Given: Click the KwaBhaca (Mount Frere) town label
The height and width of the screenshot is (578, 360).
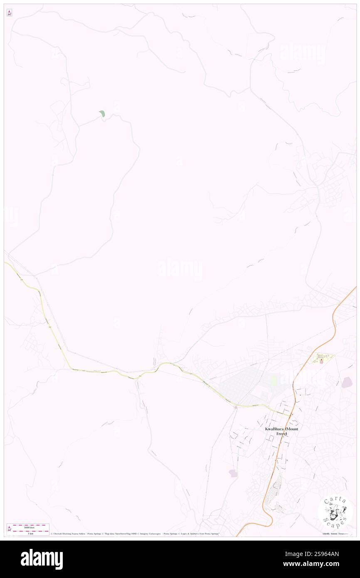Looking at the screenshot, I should pos(281,431).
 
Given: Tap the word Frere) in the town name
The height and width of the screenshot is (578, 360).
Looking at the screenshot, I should pos(281,434).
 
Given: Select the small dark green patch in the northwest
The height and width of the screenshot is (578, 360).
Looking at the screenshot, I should pos(102,114).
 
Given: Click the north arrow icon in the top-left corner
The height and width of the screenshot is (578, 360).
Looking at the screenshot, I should pos(9,13).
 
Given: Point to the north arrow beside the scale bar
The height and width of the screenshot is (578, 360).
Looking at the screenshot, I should pos(9,529).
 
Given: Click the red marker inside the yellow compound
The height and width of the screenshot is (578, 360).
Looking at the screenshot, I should pos(321,360).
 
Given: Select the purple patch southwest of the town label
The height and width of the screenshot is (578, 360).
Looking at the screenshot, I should pos(233,473).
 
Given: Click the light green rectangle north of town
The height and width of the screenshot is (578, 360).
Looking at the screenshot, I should pos(273,380).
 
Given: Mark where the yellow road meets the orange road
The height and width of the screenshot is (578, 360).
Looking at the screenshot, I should pos(291,415).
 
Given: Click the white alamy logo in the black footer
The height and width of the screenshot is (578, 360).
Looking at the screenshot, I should pos(42,559).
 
